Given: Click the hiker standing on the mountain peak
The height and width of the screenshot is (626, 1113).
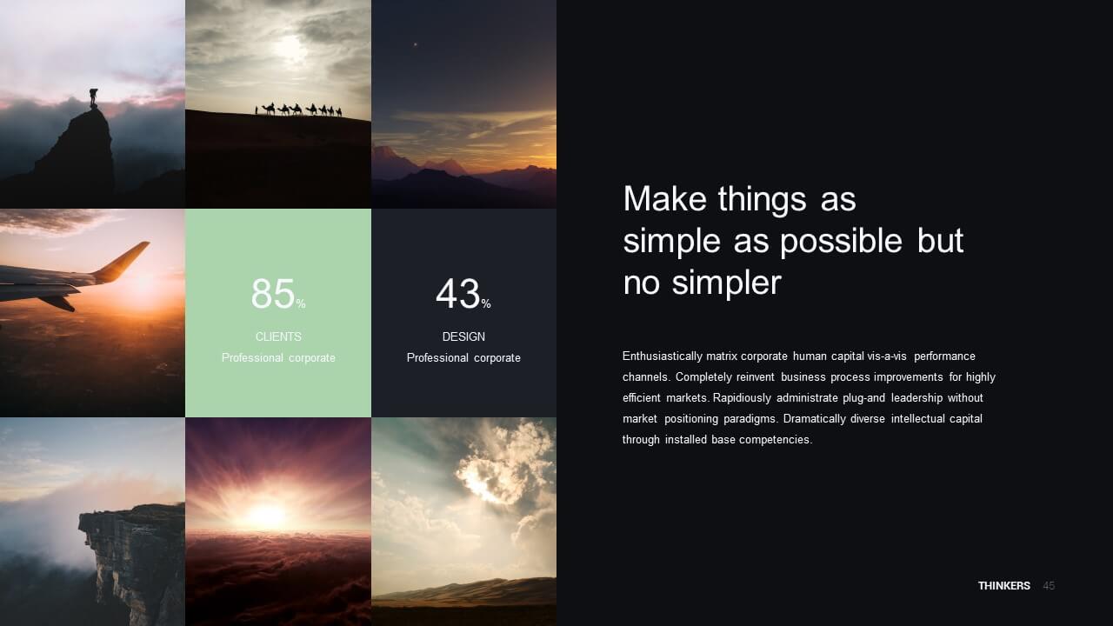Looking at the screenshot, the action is point(93,98).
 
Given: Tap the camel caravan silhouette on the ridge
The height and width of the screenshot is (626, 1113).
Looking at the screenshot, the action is point(298,110).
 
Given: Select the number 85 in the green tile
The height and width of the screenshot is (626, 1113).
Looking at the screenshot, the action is point(273,294).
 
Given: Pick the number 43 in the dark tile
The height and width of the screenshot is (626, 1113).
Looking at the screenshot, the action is point(457,294).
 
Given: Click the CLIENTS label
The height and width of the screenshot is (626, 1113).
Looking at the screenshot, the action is point(278,336).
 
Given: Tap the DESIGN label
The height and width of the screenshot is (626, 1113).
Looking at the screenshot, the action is point(463,336).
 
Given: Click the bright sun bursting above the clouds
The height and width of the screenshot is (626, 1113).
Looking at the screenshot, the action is point(266,515).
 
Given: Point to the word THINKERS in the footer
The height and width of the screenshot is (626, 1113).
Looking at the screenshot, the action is point(1004,586).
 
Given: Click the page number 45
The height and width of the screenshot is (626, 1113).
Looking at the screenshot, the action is point(1049,586).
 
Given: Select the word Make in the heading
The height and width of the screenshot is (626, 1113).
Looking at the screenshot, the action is point(665,199).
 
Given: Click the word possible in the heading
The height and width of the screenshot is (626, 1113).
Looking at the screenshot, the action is point(841,242).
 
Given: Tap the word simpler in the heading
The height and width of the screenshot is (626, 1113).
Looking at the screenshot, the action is point(726,283).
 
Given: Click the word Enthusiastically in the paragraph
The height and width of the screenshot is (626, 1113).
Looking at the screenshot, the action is point(662,356).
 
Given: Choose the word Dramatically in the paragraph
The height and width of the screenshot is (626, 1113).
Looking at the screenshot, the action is point(814,419).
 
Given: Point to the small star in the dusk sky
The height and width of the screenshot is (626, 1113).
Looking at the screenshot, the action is point(416,44).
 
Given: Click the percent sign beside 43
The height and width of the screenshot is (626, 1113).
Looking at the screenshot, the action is point(486,303).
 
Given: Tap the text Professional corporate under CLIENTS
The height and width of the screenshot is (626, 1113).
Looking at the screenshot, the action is point(278,357).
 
